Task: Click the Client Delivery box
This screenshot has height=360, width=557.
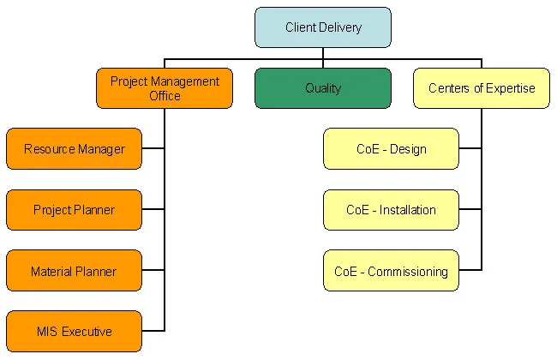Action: tap(323, 27)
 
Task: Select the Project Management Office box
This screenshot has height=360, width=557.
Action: tap(165, 88)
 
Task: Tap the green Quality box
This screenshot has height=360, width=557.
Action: tap(323, 88)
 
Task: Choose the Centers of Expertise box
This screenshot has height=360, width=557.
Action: tap(482, 88)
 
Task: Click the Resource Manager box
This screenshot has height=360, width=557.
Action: tap(75, 148)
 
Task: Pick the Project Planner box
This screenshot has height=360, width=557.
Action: tap(75, 210)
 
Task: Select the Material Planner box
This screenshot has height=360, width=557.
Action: tap(75, 271)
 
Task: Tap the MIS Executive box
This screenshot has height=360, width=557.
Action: tap(75, 331)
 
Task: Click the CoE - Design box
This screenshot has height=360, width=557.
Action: tap(391, 148)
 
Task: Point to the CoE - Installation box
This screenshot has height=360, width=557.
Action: tap(391, 210)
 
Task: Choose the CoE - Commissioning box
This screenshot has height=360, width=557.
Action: tap(391, 271)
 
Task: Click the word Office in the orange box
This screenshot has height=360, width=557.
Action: tap(165, 96)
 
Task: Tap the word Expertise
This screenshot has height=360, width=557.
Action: tap(511, 88)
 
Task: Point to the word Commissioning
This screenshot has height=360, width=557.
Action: tap(408, 272)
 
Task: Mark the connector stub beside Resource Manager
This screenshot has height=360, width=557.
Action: tap(153, 148)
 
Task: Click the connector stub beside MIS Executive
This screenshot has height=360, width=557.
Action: tap(153, 331)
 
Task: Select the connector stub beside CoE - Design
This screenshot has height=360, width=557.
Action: tap(470, 148)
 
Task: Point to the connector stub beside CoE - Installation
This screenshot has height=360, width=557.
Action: tap(470, 209)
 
